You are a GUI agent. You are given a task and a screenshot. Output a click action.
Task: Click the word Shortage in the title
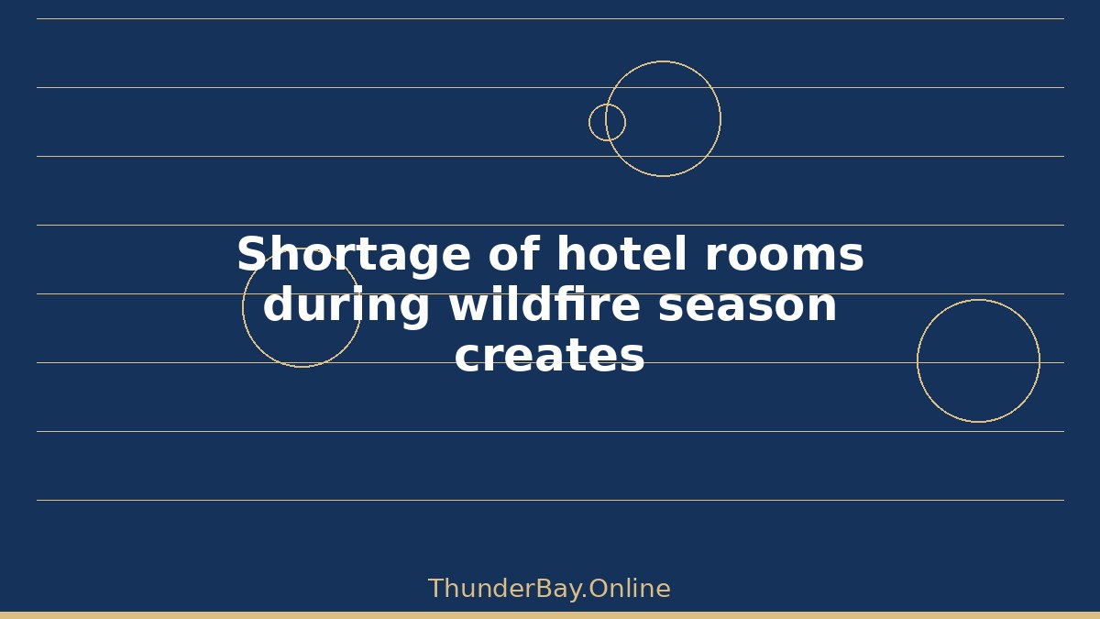(x=354, y=256)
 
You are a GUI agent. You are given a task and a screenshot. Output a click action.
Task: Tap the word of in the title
(x=514, y=253)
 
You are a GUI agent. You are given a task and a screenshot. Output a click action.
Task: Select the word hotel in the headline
(x=621, y=253)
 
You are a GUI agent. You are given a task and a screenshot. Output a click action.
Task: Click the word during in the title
(x=346, y=305)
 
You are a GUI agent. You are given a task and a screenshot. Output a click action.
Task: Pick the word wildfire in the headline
(x=544, y=304)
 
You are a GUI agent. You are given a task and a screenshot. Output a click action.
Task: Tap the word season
(x=747, y=307)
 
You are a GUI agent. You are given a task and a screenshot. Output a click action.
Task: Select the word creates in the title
(x=549, y=356)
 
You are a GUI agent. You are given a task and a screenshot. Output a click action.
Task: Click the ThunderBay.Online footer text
(x=549, y=589)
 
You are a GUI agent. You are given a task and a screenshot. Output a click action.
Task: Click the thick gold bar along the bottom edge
(x=550, y=615)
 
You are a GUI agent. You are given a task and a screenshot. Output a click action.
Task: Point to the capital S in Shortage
(x=253, y=253)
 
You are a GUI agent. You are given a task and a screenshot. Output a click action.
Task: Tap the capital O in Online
(x=598, y=589)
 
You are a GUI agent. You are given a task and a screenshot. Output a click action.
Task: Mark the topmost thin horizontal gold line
(x=551, y=18)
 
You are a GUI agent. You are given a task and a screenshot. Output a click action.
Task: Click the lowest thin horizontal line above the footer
(x=551, y=500)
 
